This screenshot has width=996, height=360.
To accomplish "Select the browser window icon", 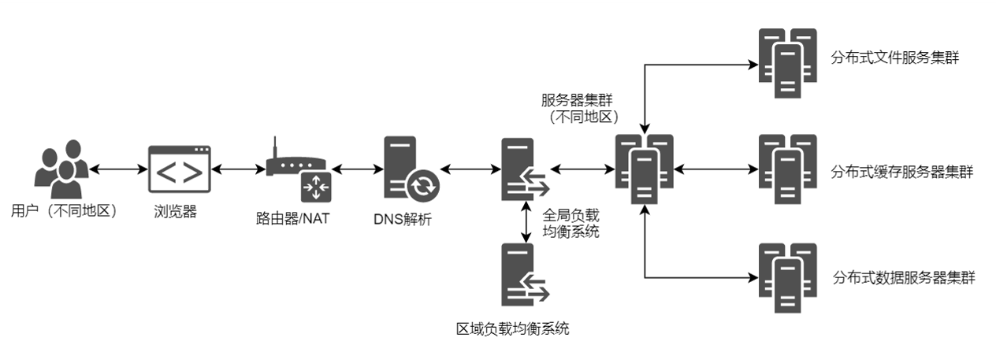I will tap(180, 169).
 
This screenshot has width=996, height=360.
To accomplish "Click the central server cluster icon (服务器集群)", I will tap(645, 169).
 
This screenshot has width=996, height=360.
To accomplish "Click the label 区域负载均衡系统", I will tap(513, 328).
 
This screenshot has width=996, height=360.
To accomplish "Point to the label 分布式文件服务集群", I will tap(894, 58).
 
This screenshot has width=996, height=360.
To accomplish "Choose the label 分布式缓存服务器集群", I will tap(901, 172).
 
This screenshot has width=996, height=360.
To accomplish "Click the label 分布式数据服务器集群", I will tap(903, 278).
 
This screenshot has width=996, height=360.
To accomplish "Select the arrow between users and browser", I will tap(118, 169).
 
